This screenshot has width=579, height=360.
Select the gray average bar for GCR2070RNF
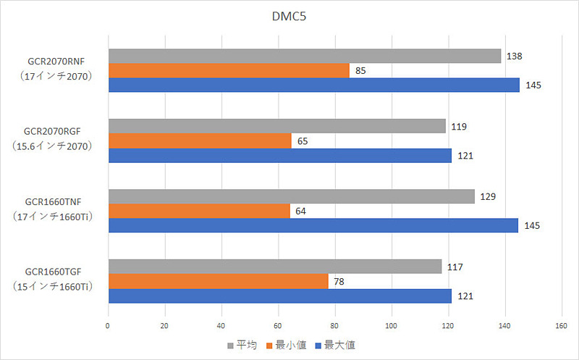tap(304, 56)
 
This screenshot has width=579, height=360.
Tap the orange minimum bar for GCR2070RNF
tap(229, 70)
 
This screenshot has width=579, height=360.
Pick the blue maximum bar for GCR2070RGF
tap(279, 155)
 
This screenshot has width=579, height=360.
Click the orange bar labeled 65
tap(200, 141)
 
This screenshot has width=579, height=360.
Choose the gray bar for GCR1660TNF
tap(291, 196)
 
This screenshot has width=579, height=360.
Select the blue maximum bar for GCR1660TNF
tap(313, 225)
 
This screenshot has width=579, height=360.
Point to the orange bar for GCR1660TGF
tap(218, 281)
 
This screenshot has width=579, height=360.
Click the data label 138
tap(515, 56)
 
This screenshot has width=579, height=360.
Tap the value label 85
tap(360, 71)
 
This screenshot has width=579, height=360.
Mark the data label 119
tap(458, 127)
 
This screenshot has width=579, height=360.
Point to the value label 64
tap(302, 212)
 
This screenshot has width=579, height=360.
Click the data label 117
tap(455, 267)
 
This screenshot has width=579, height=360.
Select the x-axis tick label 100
tap(392, 326)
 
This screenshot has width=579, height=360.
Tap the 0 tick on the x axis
tap(108, 326)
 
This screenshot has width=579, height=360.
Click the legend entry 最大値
tap(336, 346)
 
